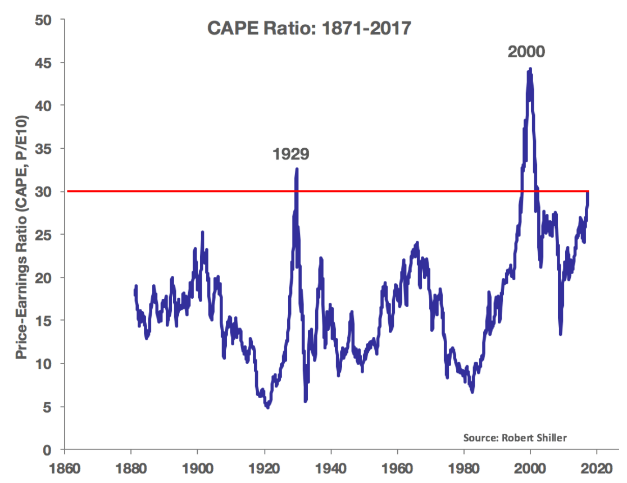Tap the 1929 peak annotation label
[x=291, y=153]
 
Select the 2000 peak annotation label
[x=526, y=52]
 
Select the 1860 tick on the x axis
[x=64, y=469]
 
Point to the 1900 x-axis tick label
[x=197, y=469]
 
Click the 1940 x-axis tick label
[x=330, y=469]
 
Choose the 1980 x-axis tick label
[x=464, y=469]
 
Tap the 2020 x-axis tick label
[x=597, y=469]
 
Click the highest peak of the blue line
[x=530, y=69]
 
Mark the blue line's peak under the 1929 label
[x=297, y=169]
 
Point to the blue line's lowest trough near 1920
[x=267, y=407]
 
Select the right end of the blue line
[x=588, y=192]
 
